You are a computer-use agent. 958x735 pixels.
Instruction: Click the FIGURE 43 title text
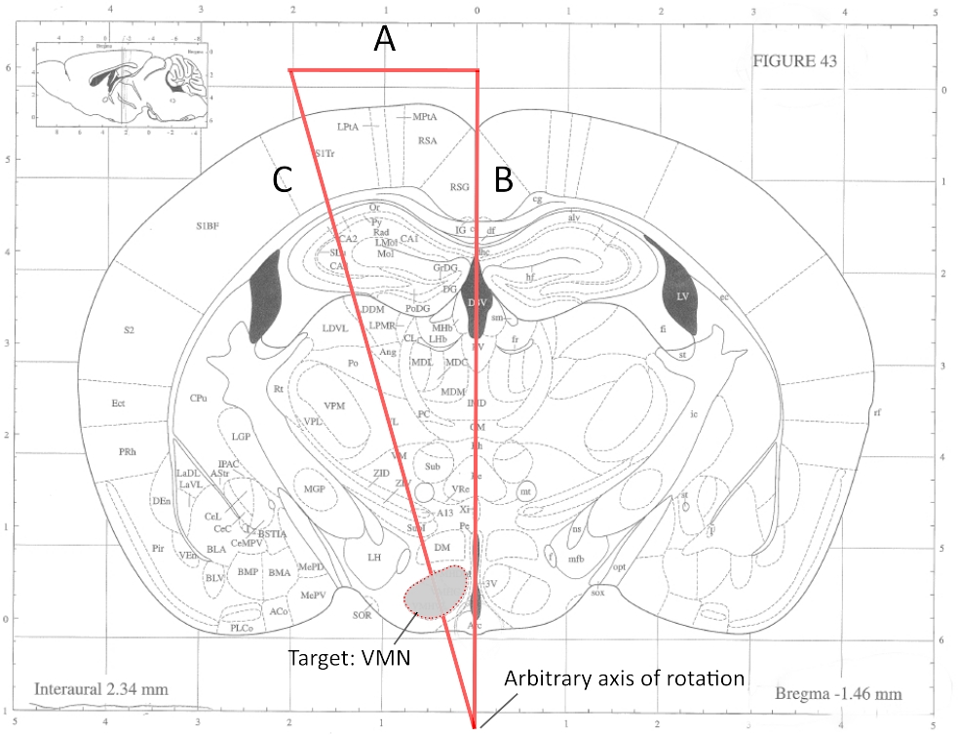[x=794, y=59]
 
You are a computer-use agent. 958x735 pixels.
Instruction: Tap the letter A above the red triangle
[x=386, y=40]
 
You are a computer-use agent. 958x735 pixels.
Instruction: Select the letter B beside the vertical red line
[x=504, y=179]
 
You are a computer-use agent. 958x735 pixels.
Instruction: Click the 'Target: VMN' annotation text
[x=349, y=657]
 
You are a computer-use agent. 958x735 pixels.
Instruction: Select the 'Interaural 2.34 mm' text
[x=101, y=689]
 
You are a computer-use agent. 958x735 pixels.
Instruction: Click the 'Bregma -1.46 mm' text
[x=838, y=694]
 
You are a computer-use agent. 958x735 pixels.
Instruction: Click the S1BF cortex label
[x=206, y=225]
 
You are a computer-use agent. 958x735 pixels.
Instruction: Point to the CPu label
[x=199, y=398]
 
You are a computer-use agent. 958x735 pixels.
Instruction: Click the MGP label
[x=314, y=488]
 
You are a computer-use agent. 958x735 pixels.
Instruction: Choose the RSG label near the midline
[x=459, y=185]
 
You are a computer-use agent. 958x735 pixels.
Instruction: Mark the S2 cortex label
[x=128, y=329]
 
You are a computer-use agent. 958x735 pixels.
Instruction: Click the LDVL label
[x=335, y=328]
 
